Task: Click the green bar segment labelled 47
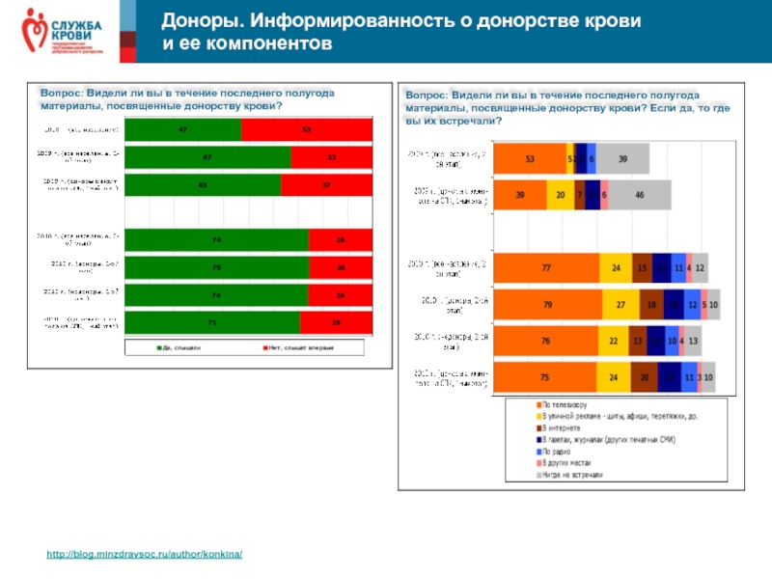pos(181,130)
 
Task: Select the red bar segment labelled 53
pos(306,130)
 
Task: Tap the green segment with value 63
pos(203,184)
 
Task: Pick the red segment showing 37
pos(326,184)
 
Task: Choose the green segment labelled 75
pos(216,266)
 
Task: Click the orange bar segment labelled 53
pos(530,159)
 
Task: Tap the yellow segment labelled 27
pos(620,304)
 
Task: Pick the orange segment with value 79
pos(548,304)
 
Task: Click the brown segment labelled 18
pos(651,304)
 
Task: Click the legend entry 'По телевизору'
pos(565,405)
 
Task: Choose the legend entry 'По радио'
pos(560,451)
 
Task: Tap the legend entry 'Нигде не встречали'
pos(572,474)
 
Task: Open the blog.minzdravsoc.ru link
pos(144,555)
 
